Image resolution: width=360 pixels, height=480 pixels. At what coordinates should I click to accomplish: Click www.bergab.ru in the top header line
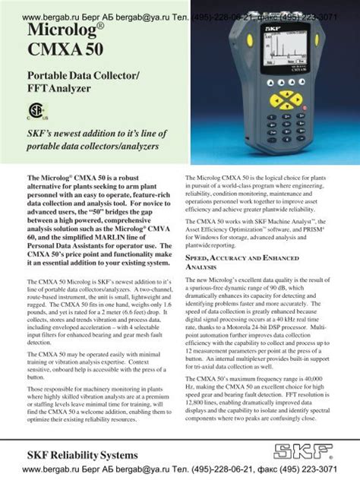pos(49,16)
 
